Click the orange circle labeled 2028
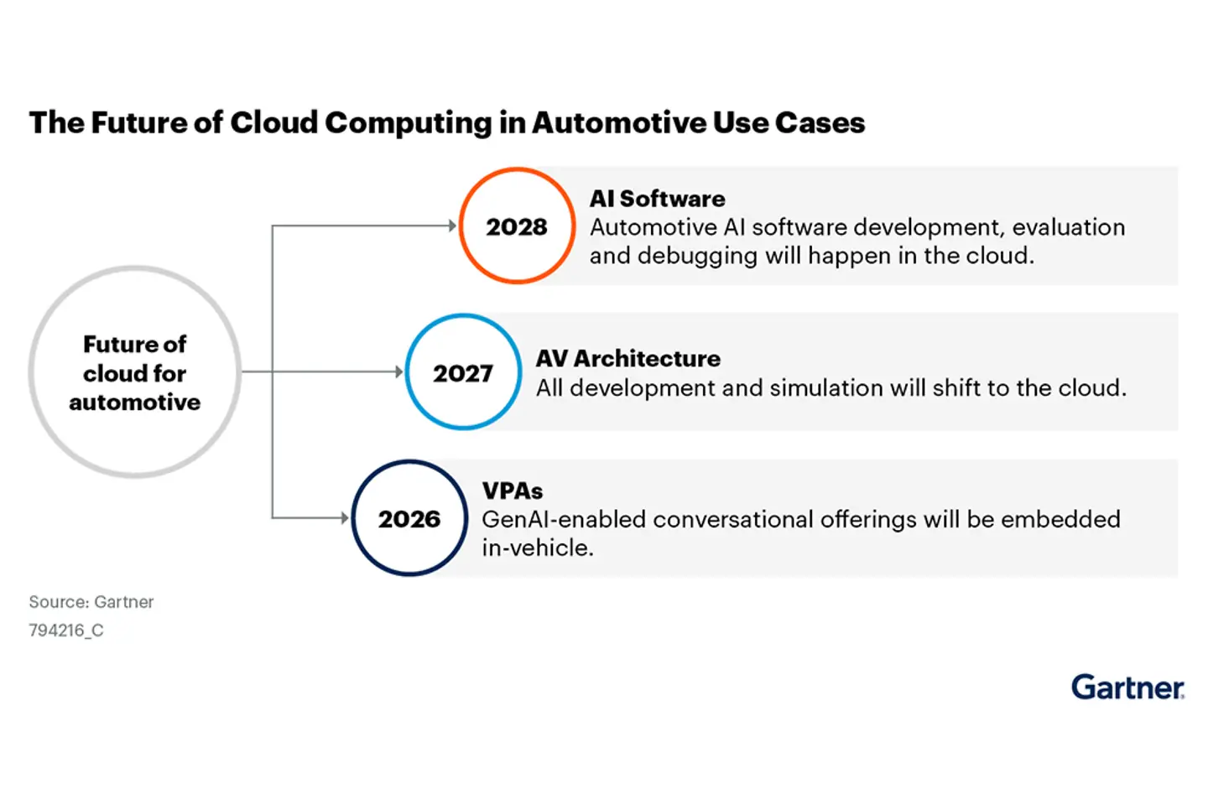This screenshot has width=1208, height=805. [x=517, y=226]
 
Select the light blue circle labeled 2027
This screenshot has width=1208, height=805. [x=463, y=372]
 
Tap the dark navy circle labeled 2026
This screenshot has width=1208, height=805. [x=409, y=518]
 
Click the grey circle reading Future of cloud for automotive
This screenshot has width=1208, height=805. [x=134, y=372]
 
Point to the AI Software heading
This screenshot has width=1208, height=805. [x=657, y=199]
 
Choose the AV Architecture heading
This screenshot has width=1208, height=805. [x=627, y=358]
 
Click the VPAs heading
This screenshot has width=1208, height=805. [x=512, y=491]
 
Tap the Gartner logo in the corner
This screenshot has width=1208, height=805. [x=1127, y=688]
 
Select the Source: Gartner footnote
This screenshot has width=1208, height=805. [x=91, y=602]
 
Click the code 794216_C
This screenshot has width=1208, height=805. [x=66, y=631]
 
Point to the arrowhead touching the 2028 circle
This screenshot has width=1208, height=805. [x=452, y=226]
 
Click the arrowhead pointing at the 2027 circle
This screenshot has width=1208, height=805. [x=399, y=371]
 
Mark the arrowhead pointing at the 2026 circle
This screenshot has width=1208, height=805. [x=345, y=517]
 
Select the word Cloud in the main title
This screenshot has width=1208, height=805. [x=273, y=122]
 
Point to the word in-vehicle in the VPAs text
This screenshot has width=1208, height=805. [x=537, y=548]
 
